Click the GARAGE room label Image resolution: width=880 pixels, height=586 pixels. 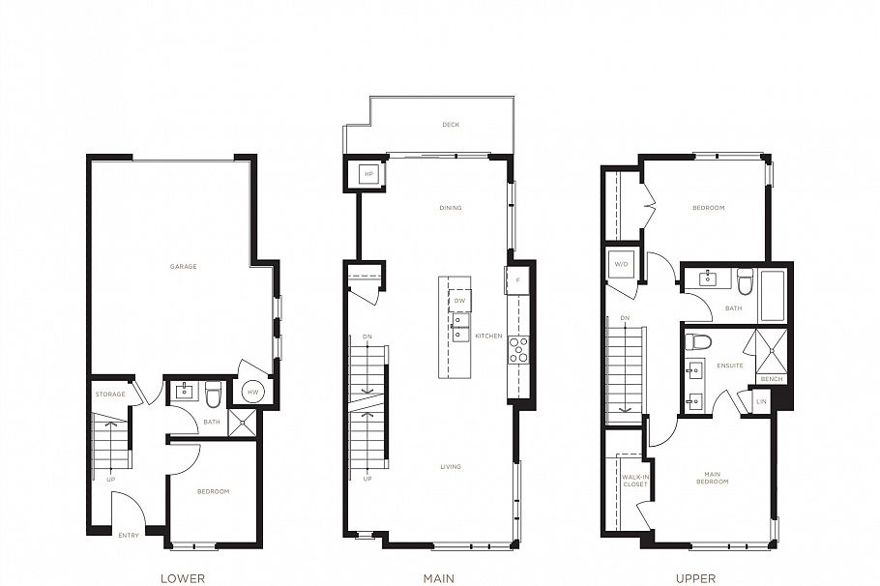[184, 266]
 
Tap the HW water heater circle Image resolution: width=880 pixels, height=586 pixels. [253, 392]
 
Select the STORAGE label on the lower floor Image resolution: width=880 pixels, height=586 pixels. [110, 395]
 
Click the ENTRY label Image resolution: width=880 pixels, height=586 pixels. [129, 535]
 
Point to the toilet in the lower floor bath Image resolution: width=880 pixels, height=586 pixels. [214, 393]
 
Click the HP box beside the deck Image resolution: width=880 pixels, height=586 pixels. [367, 174]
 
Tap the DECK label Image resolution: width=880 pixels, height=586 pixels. [450, 125]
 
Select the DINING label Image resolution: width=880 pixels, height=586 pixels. [450, 208]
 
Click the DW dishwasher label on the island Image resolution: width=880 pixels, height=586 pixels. [460, 301]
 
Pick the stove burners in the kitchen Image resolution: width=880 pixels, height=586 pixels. [518, 348]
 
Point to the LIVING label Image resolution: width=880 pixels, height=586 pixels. [450, 467]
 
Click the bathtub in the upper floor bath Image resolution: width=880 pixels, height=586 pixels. [774, 295]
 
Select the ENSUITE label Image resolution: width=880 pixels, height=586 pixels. [730, 366]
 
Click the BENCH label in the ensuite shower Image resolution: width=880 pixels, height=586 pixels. [772, 380]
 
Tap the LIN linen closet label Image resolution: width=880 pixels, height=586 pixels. [761, 400]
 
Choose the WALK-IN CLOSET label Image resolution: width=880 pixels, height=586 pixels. [633, 481]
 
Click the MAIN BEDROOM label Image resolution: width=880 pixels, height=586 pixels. [713, 478]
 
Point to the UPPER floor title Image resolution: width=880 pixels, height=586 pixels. [695, 578]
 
